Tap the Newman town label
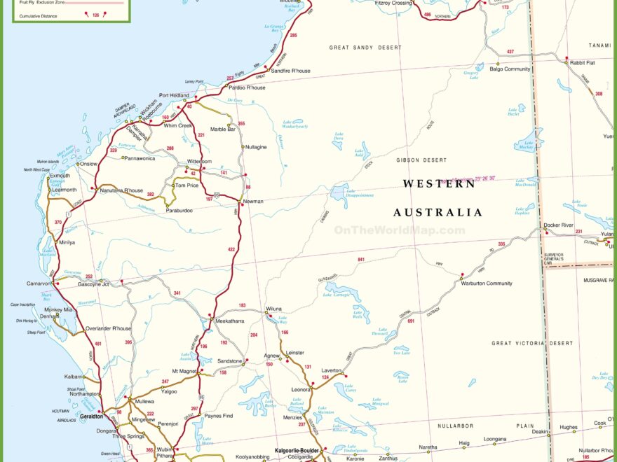tap(253, 202)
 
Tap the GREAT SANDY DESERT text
tap(365, 48)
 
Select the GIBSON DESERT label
tap(421, 160)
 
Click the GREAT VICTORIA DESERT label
tap(532, 344)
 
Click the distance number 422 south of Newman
tap(232, 249)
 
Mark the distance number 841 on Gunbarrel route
tap(361, 260)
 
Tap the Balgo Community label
tap(510, 69)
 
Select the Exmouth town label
tap(60, 176)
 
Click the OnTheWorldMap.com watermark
tap(399, 230)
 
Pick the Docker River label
tap(559, 225)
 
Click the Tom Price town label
tap(187, 185)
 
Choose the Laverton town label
tap(332, 370)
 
